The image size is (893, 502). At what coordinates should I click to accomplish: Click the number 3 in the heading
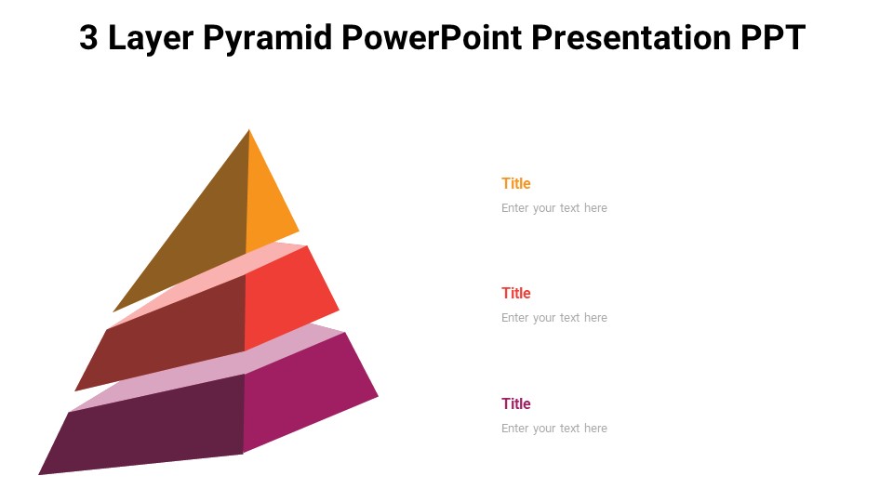[x=88, y=38]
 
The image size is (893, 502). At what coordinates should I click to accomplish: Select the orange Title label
[x=515, y=183]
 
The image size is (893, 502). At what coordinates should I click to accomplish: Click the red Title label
[x=515, y=293]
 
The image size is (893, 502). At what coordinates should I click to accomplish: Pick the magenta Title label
[x=515, y=403]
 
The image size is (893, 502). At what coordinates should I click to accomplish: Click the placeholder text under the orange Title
[x=553, y=208]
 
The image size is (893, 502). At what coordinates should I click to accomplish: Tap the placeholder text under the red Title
[x=553, y=318]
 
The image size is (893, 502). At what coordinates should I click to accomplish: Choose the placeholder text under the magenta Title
[x=553, y=429]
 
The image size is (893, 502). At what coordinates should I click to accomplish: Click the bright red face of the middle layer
[x=288, y=297]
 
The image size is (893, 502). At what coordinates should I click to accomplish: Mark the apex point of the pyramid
[x=249, y=130]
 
